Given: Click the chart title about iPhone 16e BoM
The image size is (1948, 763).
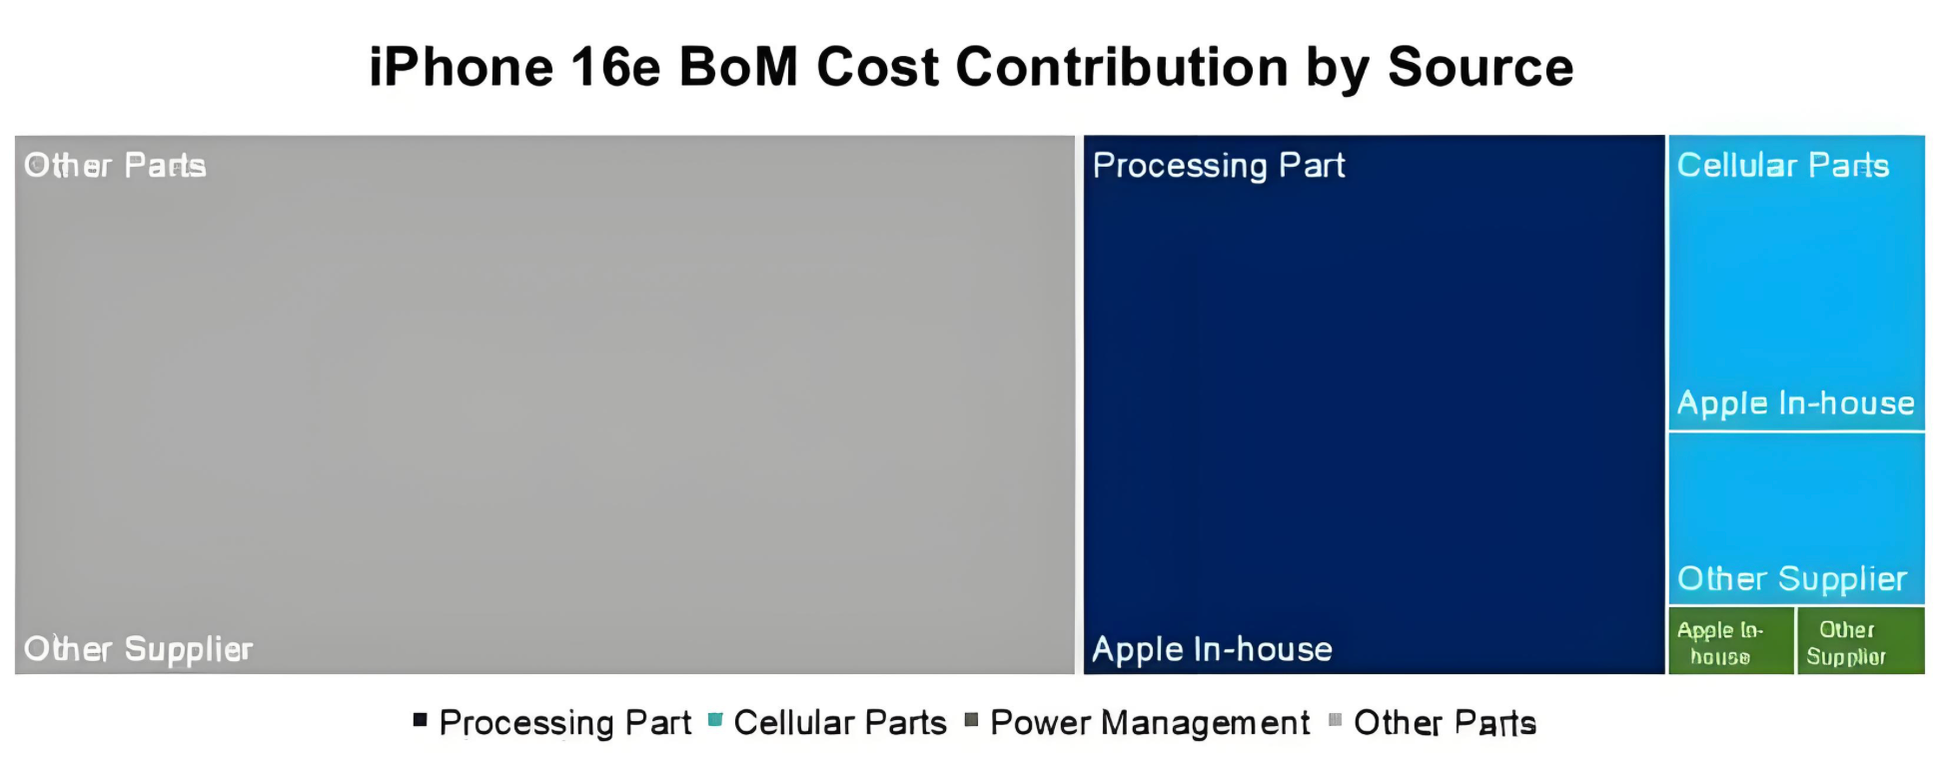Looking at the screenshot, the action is click(971, 68).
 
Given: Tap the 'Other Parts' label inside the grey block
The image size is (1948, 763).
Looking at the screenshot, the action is click(115, 166).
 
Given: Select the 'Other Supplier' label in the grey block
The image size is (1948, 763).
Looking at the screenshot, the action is click(138, 650).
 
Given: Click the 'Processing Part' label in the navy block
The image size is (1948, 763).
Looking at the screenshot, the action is click(1219, 166).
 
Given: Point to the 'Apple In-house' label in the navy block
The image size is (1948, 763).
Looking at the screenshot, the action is click(1212, 650).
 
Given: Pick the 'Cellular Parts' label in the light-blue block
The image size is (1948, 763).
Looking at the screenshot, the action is click(1783, 166).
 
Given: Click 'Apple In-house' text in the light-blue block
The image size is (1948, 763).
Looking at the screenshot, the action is click(1795, 403).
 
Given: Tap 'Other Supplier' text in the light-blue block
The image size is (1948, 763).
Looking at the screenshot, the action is click(1792, 579).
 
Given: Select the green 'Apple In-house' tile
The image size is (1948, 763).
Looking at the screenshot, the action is click(1731, 641).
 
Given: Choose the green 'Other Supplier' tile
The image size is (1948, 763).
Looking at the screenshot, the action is click(1861, 641).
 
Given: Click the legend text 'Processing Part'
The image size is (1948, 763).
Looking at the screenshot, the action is click(565, 723).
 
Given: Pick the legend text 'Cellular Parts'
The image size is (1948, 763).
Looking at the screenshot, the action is click(840, 723).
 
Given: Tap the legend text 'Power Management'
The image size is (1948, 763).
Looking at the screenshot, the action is click(1150, 723).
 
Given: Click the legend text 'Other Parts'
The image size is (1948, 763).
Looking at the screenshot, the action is click(1445, 723).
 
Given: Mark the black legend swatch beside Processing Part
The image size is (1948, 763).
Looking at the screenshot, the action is click(421, 719).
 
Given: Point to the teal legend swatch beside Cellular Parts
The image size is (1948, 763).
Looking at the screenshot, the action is click(715, 719).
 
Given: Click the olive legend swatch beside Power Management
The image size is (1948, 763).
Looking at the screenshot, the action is click(971, 719).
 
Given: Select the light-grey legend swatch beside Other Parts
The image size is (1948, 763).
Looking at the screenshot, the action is click(1335, 719).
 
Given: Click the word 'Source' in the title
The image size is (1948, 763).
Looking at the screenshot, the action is click(1480, 68).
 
